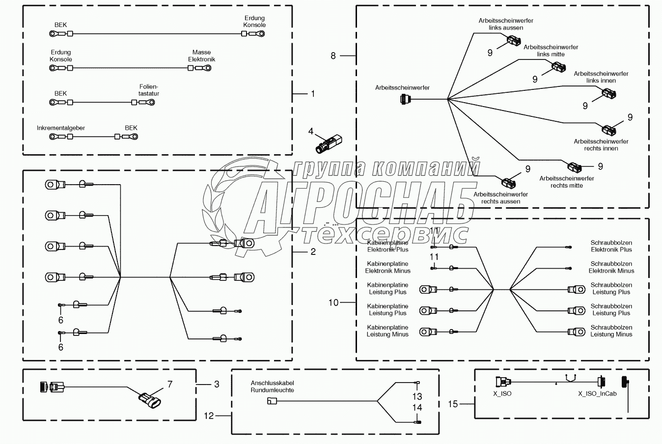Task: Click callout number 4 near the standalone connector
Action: [x=311, y=131]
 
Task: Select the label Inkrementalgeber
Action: [x=61, y=128]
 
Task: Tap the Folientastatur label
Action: [x=149, y=90]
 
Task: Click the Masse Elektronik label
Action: [x=201, y=55]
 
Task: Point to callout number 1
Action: [x=313, y=93]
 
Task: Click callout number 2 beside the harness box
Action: [x=313, y=251]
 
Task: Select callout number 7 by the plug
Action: [x=170, y=384]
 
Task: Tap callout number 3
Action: [x=217, y=384]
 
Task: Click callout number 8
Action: [x=333, y=56]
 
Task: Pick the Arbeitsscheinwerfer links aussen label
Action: [x=506, y=24]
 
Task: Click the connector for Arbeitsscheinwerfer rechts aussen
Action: [x=508, y=183]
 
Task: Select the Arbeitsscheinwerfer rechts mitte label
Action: [x=567, y=182]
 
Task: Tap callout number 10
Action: [x=333, y=303]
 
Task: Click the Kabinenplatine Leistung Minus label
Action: [x=387, y=331]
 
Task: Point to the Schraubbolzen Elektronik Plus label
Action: [x=611, y=246]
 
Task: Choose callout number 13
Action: [x=417, y=396]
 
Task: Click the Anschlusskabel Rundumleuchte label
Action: [x=273, y=387]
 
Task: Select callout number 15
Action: [x=453, y=404]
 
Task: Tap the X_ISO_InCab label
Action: [x=597, y=393]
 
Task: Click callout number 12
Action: [x=209, y=416]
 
